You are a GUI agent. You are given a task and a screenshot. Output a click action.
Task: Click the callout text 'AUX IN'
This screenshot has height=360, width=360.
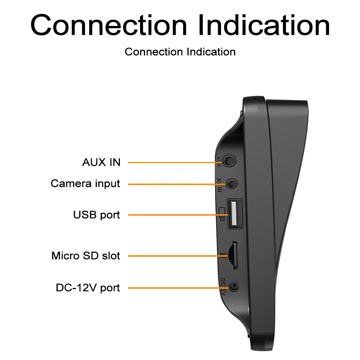pos(101,162)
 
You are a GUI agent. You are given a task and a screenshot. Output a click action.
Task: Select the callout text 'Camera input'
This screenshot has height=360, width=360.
pos(85,184)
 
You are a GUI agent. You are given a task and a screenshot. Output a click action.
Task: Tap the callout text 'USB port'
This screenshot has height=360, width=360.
pos(96,215)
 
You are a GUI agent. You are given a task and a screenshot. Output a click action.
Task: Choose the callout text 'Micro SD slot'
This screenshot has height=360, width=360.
pos(86,256)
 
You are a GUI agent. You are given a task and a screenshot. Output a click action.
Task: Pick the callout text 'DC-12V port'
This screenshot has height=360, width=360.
pos(88,288)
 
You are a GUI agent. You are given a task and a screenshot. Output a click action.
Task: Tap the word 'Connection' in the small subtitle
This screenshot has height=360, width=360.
pos(154,52)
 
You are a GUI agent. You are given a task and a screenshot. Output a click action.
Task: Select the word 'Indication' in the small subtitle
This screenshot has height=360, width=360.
pos(211,52)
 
